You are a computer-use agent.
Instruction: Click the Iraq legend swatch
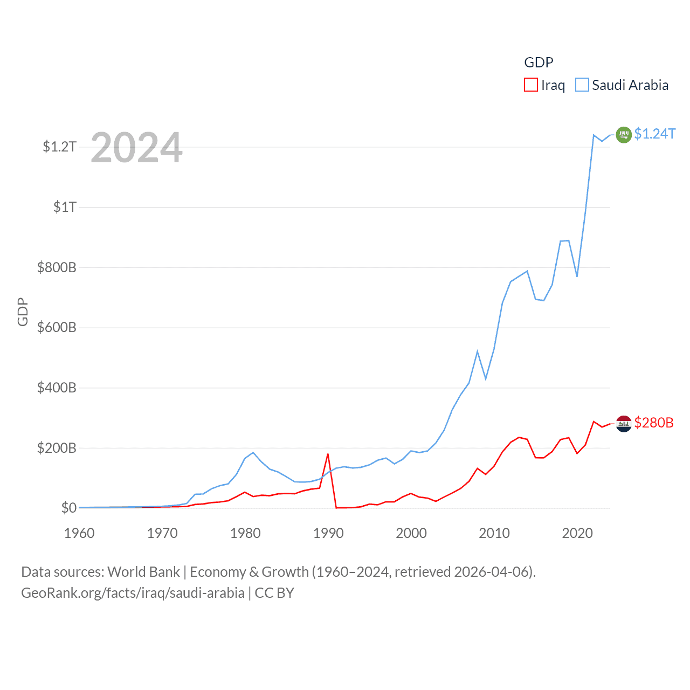point(531,85)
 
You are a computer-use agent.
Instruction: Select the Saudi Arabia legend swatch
point(582,85)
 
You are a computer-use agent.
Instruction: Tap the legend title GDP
point(539,63)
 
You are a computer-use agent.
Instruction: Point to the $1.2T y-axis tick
point(59,147)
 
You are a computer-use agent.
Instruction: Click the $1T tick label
point(65,207)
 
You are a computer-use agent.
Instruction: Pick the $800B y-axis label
point(57,267)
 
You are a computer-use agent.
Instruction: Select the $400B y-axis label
point(57,388)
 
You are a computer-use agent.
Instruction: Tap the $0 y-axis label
point(68,508)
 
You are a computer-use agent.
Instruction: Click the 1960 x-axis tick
point(79,533)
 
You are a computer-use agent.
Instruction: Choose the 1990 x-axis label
point(328,533)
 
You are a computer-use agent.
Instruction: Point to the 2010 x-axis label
point(494,533)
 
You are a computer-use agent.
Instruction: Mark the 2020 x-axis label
point(577,533)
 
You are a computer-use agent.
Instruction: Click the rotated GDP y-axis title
point(23,312)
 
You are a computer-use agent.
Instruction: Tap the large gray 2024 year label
point(136,148)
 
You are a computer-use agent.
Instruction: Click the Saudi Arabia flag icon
point(624,134)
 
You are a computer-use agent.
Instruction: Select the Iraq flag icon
point(624,424)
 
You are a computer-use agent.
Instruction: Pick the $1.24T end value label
point(655,134)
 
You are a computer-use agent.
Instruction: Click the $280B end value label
point(654,423)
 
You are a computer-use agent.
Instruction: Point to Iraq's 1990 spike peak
point(328,454)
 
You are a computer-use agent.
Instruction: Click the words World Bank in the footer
point(144,571)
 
